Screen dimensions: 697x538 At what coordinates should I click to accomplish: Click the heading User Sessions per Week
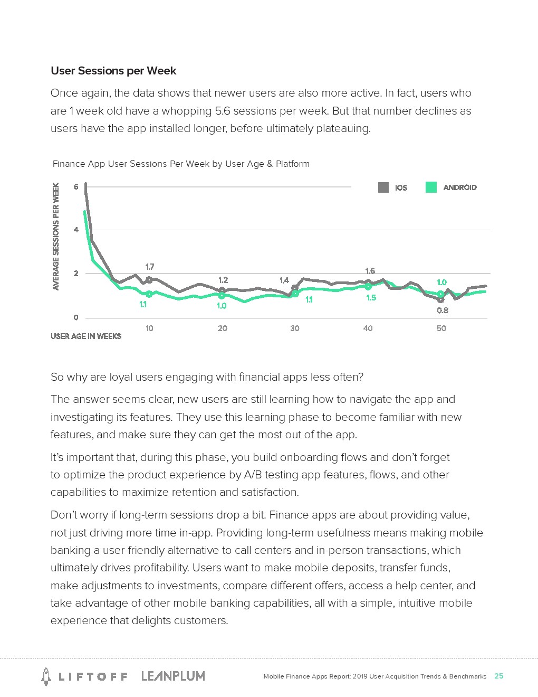(113, 71)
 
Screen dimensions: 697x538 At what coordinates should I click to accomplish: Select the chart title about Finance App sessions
(181, 164)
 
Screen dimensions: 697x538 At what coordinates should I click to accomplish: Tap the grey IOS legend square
(383, 187)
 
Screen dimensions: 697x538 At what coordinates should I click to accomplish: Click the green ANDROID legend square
(431, 187)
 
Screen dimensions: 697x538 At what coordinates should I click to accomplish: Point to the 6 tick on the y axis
(76, 187)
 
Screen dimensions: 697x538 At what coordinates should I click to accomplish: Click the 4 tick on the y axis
(76, 230)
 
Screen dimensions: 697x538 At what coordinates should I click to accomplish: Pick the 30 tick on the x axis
(295, 328)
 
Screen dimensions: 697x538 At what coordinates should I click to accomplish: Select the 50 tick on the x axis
(441, 328)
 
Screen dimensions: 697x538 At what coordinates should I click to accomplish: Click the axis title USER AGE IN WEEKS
(86, 336)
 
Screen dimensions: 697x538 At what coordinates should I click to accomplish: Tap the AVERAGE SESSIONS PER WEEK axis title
(56, 237)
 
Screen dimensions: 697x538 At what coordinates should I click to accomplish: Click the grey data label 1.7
(150, 267)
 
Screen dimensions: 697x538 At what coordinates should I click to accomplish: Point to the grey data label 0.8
(443, 310)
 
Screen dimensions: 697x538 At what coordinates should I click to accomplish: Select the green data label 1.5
(371, 298)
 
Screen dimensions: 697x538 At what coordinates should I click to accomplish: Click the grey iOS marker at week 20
(222, 290)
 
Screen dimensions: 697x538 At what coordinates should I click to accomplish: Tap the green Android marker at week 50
(441, 294)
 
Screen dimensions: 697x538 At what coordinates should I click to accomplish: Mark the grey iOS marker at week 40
(368, 282)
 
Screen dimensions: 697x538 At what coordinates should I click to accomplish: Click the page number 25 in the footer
(498, 676)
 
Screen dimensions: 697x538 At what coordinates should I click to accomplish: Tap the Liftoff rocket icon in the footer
(46, 676)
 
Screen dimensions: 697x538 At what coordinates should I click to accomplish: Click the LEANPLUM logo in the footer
(173, 676)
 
